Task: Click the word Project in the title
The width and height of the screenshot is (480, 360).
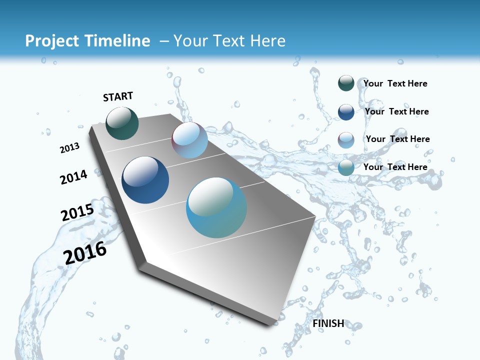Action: point(51,41)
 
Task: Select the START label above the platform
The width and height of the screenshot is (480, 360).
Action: point(118,96)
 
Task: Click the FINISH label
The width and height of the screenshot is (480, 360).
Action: point(328,323)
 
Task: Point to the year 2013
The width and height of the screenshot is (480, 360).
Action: point(69,148)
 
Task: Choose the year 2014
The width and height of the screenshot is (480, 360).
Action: point(73,177)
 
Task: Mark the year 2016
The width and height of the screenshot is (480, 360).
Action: point(85,253)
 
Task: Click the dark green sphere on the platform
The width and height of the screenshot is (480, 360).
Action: point(122,123)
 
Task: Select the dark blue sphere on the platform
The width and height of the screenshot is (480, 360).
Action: point(145,180)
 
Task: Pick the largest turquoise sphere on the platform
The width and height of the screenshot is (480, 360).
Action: point(216,207)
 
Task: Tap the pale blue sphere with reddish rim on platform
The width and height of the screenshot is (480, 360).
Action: point(189,140)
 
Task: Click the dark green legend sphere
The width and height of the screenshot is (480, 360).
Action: point(346,83)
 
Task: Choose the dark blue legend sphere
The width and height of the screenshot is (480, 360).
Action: point(346,111)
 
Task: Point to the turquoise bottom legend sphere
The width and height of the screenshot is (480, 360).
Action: point(346,167)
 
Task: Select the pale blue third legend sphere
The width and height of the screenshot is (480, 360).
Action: point(346,139)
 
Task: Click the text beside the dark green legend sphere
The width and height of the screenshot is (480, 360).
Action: point(395,83)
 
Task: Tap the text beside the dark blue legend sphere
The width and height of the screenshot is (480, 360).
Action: point(396,111)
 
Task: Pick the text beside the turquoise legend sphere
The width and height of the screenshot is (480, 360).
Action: point(395,167)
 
